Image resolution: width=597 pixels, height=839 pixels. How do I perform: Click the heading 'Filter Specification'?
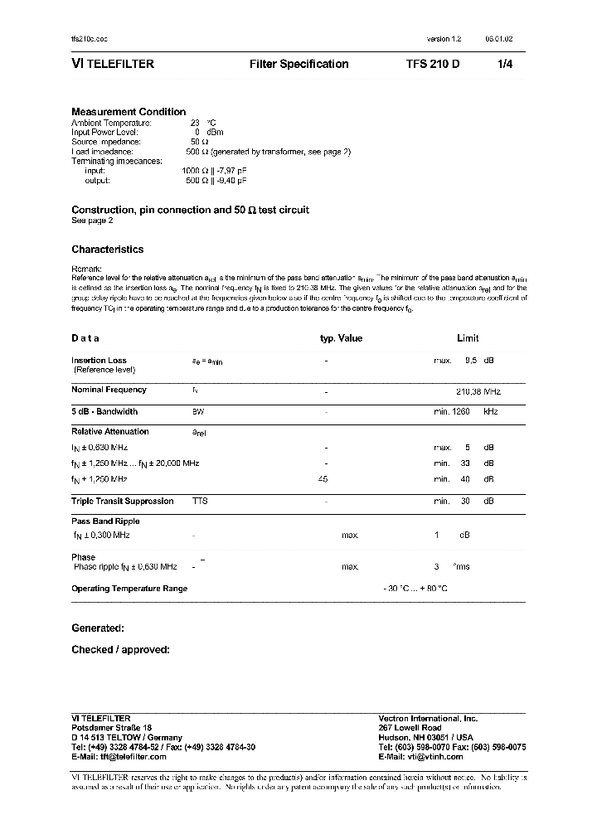298,64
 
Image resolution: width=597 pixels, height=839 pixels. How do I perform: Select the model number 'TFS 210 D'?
433,64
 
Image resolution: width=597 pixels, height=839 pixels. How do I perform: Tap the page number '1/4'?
505,64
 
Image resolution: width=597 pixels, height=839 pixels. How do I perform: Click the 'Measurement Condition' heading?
129,112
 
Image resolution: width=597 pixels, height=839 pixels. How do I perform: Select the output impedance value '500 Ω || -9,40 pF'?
216,180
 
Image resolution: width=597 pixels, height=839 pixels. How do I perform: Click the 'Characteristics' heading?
107,250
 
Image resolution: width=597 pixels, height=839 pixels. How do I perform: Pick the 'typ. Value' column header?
341,338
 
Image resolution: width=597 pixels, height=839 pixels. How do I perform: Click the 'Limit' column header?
468,338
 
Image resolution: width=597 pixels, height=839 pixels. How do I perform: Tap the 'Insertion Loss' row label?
99,361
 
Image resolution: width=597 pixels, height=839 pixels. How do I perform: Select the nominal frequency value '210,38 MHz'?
478,390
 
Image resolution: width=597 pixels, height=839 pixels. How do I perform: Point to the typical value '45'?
323,479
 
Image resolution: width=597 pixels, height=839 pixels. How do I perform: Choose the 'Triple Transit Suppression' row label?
123,502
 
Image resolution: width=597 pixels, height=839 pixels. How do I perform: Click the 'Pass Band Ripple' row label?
105,521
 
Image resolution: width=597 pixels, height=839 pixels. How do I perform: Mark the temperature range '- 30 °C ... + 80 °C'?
415,589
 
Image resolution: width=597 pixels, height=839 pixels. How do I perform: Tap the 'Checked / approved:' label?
120,650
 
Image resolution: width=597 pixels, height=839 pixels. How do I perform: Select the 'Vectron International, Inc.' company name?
428,718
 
